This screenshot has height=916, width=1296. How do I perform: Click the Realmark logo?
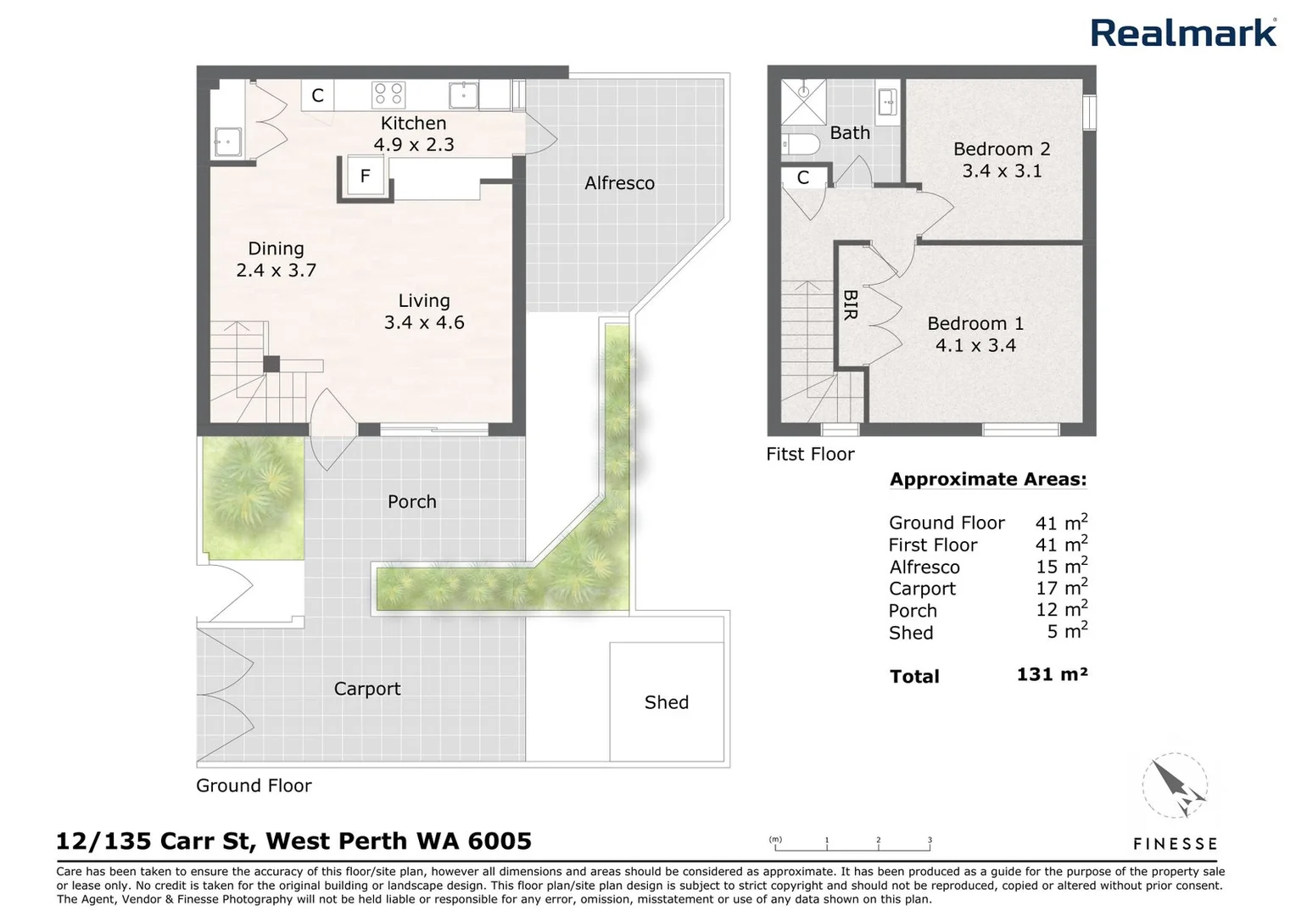coord(1182,34)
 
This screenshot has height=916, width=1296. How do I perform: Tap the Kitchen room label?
coord(413,124)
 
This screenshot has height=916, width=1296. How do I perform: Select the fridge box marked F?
coord(366,176)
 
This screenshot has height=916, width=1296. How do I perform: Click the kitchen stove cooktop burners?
coord(389,93)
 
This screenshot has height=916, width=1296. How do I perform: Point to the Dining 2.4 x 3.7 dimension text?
coord(276,271)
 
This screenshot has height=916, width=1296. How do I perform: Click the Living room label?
coord(424,301)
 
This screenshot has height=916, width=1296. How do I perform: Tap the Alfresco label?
coord(619,183)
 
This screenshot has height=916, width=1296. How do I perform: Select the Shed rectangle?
coord(667,701)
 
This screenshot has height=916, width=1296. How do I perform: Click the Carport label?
coord(366,689)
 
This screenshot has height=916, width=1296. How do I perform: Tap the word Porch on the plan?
coord(411,502)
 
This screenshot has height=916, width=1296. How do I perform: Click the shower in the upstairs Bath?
coord(802,102)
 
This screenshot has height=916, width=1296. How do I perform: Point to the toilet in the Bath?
coord(801,144)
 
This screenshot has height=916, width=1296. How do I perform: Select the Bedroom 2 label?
coord(1002,149)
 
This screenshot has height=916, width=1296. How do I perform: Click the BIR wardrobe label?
coord(851,305)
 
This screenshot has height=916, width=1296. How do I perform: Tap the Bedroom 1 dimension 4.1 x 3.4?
coord(975,346)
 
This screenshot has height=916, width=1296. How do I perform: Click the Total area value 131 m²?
coord(1052,674)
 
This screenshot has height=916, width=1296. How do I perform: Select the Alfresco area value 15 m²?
coord(1061,566)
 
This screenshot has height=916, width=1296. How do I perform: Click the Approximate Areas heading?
coord(987,479)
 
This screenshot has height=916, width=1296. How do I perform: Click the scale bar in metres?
coord(852,844)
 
